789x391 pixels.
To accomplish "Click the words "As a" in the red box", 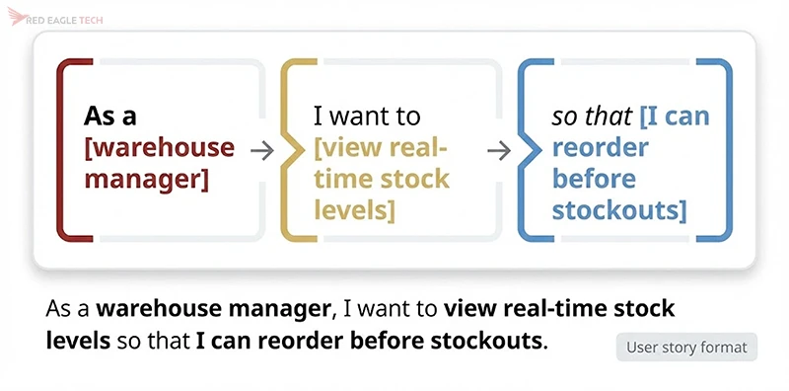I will click(x=110, y=117).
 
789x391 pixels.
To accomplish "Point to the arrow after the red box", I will click(x=261, y=150).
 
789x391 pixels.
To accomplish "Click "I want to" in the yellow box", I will click(x=367, y=117).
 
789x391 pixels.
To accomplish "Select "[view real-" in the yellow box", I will click(x=381, y=148).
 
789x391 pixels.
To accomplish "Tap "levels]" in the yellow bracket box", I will click(x=355, y=210).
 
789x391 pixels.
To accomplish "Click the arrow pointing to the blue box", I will click(x=500, y=150).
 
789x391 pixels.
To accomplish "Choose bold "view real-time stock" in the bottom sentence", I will click(x=559, y=308).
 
